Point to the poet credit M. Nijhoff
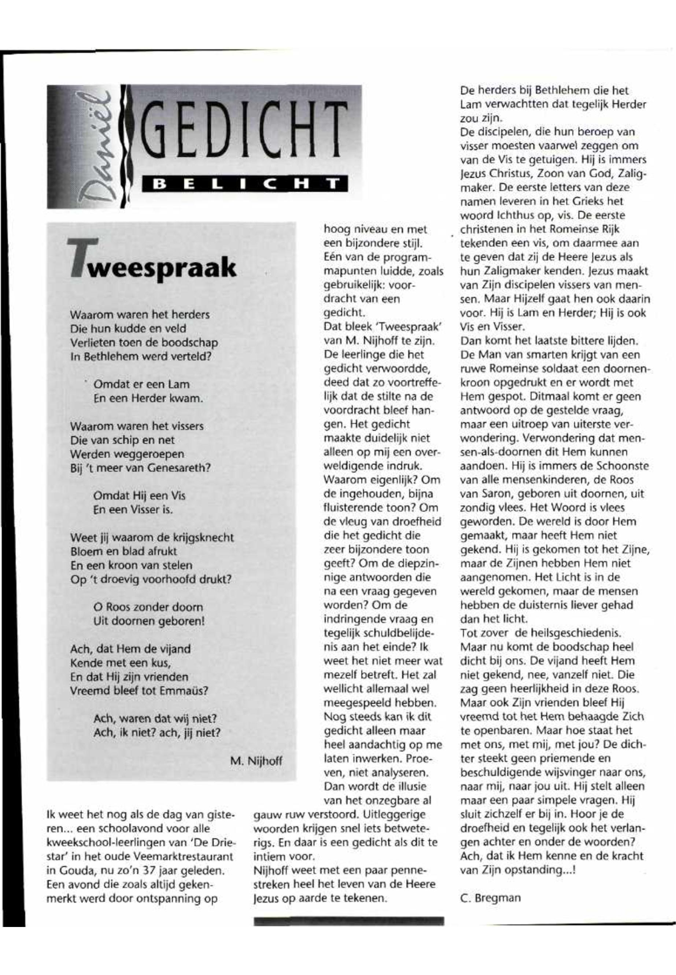click(x=256, y=761)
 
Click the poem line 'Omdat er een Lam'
click(x=141, y=385)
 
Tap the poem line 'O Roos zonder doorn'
click(x=148, y=607)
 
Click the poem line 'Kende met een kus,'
click(x=120, y=662)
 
